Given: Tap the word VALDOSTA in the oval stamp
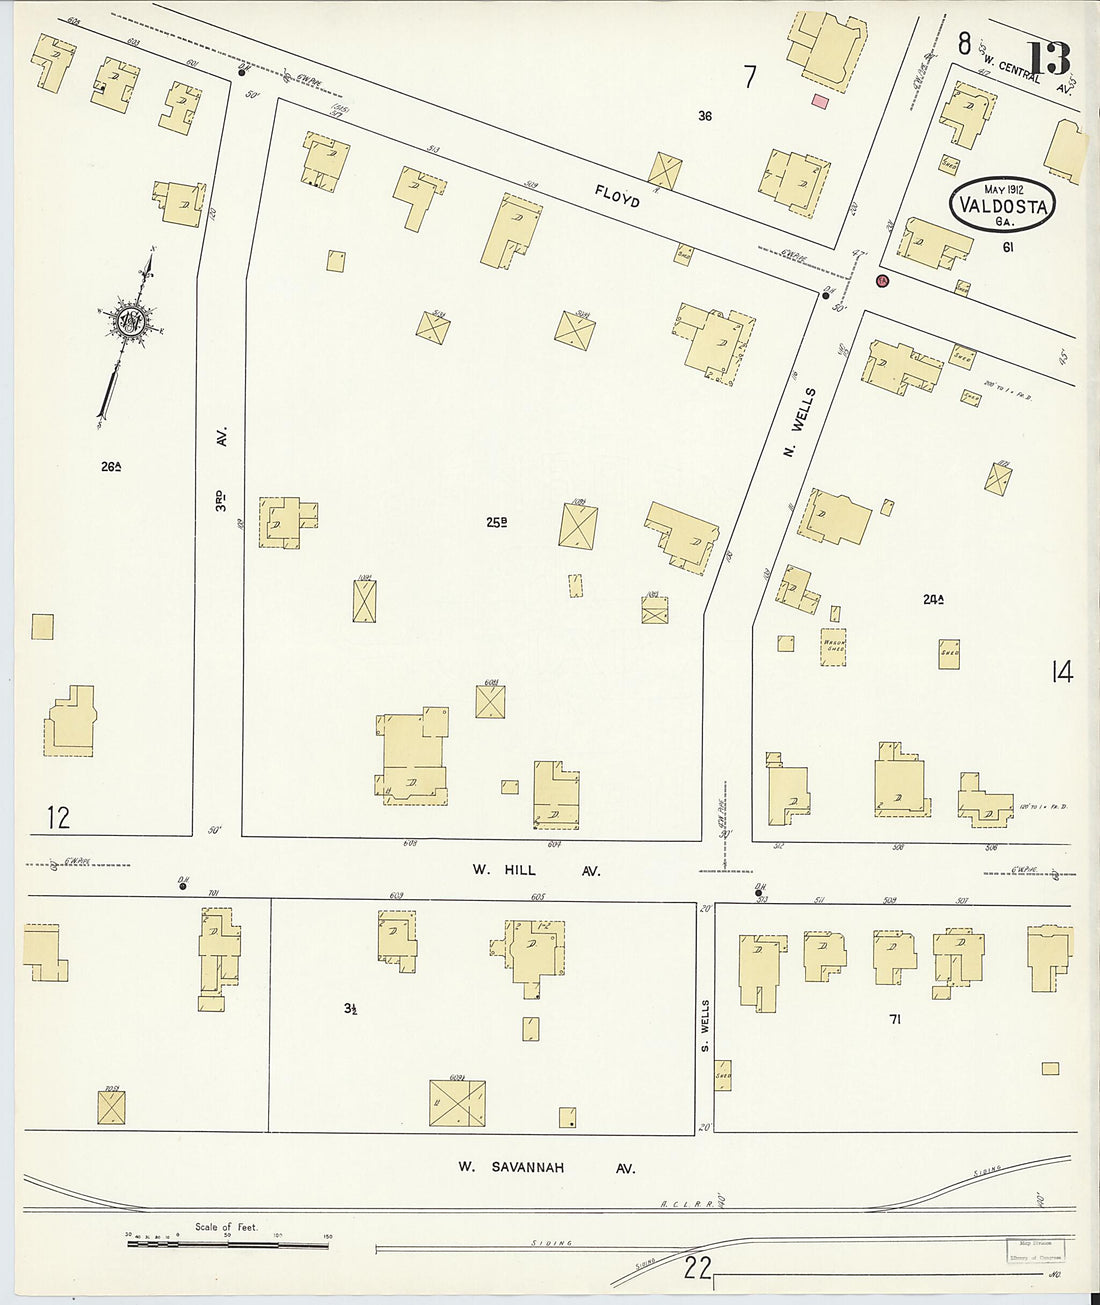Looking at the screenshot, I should coord(1002,207).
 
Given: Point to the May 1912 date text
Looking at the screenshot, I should coord(1002,189).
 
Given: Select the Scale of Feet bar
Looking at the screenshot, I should coord(227,1246).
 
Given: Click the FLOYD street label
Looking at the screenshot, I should coord(616,196).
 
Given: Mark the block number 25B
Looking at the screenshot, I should coord(496,521).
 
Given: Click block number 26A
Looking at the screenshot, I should coord(111,466).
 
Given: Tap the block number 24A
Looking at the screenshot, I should coord(934,600).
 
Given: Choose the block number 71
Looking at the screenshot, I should coord(895,1020).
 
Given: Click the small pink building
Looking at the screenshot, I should coord(820,101).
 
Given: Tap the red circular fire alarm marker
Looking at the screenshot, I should coord(882,281).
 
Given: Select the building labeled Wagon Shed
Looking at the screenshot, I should coord(833,647).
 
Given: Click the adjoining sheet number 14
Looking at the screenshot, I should coord(1061,672).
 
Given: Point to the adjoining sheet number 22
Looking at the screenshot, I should coord(697,1269).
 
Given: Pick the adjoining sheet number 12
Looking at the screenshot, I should coord(58,817).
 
